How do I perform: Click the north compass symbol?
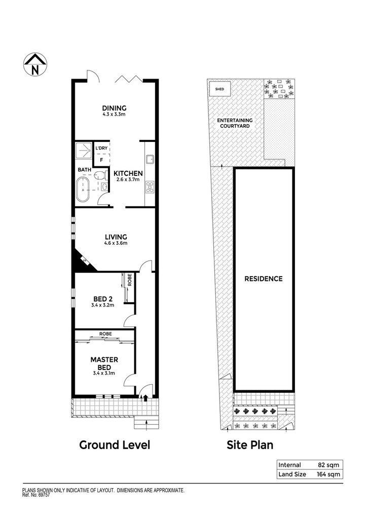[x=35, y=64]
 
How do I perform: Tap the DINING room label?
[x=114, y=108]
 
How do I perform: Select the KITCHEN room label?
[x=128, y=173]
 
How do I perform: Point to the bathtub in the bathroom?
[x=83, y=190]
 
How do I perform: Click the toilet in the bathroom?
[x=100, y=175]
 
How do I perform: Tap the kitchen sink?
[x=149, y=159]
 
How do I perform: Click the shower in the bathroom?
[x=84, y=151]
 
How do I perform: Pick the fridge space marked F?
[x=101, y=160]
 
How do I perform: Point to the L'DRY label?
[x=101, y=148]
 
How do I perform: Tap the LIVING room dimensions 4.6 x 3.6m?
[x=116, y=243]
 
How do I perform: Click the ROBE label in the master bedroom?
[x=105, y=333]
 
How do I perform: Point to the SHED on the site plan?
[x=219, y=89]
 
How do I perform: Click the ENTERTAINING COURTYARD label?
[x=235, y=123]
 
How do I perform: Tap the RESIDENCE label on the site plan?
[x=264, y=279]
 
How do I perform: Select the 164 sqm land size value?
[x=328, y=474]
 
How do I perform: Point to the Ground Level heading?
[x=115, y=445]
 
